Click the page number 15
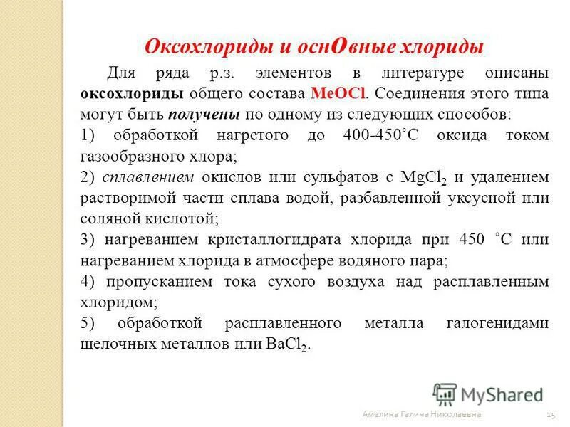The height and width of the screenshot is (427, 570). pyautogui.click(x=550, y=414)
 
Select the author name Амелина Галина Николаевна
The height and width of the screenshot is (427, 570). pyautogui.click(x=421, y=414)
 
